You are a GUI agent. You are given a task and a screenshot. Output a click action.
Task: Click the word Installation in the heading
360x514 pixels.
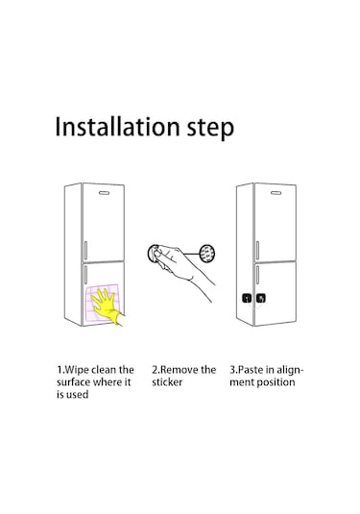pyautogui.click(x=117, y=127)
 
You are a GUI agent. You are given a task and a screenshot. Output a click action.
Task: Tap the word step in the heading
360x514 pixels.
pyautogui.click(x=210, y=129)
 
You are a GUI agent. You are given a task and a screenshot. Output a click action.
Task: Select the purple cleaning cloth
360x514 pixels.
pyautogui.click(x=102, y=303)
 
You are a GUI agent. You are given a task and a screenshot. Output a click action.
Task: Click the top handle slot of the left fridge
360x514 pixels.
pyautogui.click(x=105, y=193)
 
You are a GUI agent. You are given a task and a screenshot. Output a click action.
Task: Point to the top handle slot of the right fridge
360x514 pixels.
pyautogui.click(x=276, y=193)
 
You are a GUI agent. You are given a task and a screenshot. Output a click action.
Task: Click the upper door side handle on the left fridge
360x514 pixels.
pyautogui.click(x=85, y=251)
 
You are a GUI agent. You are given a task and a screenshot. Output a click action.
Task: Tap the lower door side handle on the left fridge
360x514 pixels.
pyautogui.click(x=85, y=275)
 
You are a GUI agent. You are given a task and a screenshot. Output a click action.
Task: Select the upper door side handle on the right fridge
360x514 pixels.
pyautogui.click(x=257, y=251)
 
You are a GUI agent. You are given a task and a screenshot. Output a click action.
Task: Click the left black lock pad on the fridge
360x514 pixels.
pyautogui.click(x=247, y=298)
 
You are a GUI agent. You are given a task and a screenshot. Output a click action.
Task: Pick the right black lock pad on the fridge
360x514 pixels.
pyautogui.click(x=261, y=298)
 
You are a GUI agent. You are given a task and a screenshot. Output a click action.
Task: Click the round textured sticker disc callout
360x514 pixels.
pyautogui.click(x=207, y=254)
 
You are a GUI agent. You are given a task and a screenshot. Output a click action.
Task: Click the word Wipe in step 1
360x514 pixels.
pyautogui.click(x=77, y=370)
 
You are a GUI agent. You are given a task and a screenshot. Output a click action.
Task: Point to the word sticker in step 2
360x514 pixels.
pyautogui.click(x=167, y=382)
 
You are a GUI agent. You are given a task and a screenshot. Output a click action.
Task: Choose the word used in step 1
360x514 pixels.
pyautogui.click(x=78, y=394)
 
